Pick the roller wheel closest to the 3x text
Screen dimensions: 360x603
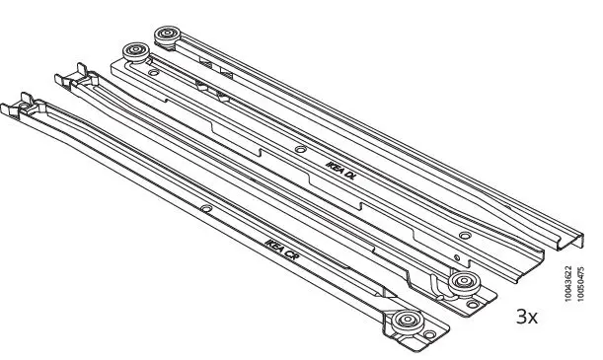tap(462, 284)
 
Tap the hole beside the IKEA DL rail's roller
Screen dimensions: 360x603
tap(150, 72)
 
